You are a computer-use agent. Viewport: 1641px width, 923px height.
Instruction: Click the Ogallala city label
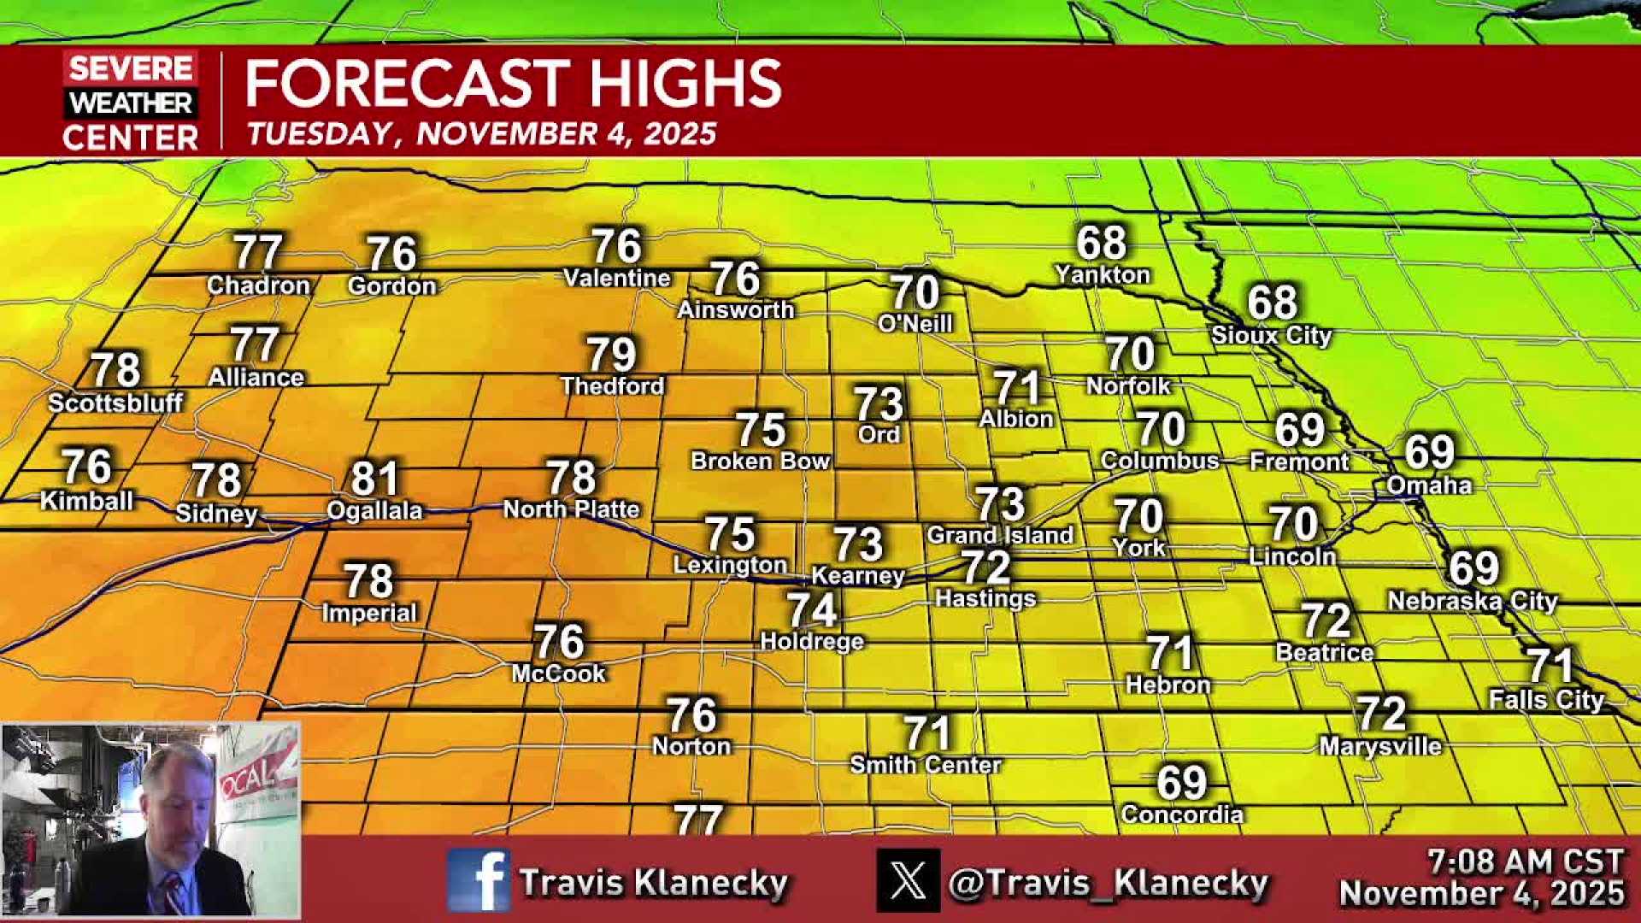[374, 511]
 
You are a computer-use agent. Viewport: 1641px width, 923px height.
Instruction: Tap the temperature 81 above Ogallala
[374, 479]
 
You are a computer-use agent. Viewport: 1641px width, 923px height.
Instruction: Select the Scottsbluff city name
[115, 403]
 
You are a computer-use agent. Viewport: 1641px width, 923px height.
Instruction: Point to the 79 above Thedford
[611, 355]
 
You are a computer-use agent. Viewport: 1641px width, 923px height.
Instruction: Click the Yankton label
[1102, 275]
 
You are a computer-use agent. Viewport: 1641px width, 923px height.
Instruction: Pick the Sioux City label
[1271, 335]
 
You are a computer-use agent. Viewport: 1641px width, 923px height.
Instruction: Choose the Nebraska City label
[1472, 601]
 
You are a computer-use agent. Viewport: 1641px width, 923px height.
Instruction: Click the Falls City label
[1546, 700]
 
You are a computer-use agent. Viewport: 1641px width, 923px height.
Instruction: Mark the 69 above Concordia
[1181, 782]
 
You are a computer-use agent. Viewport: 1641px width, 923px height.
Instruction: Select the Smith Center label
[925, 765]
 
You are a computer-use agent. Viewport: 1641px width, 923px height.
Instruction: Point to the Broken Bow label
[760, 461]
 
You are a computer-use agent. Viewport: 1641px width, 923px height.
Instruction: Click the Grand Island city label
[999, 536]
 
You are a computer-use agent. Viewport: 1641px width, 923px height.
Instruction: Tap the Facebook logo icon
[478, 880]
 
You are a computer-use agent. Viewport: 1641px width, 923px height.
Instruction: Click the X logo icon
[908, 880]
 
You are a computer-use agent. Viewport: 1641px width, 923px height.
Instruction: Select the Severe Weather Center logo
[130, 102]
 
